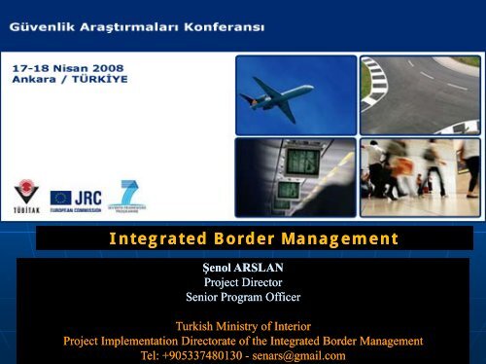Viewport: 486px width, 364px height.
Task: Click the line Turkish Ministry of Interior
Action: click(242, 326)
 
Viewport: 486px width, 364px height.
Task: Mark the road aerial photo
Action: click(419, 93)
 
